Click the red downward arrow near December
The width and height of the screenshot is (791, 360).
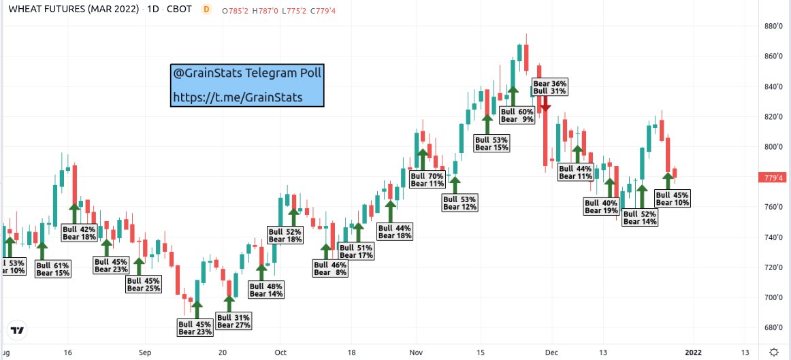(x=545, y=105)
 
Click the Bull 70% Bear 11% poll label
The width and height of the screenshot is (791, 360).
(x=427, y=180)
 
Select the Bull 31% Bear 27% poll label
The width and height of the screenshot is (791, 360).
(x=233, y=321)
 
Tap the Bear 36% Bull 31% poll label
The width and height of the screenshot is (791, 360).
(x=549, y=87)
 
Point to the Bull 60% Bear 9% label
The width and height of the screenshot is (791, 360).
(x=517, y=115)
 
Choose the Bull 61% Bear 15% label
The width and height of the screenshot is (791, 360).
(x=53, y=269)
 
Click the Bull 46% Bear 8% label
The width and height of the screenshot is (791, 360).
(x=330, y=269)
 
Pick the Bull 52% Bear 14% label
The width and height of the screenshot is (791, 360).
(x=641, y=217)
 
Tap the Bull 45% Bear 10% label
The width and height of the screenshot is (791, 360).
(x=673, y=198)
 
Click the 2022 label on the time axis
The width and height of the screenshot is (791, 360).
(x=693, y=352)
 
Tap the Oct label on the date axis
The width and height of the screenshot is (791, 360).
(x=280, y=352)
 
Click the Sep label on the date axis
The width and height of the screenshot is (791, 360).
(x=144, y=352)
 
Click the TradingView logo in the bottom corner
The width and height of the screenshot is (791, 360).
(x=18, y=331)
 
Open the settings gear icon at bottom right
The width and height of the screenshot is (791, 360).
(x=774, y=352)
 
